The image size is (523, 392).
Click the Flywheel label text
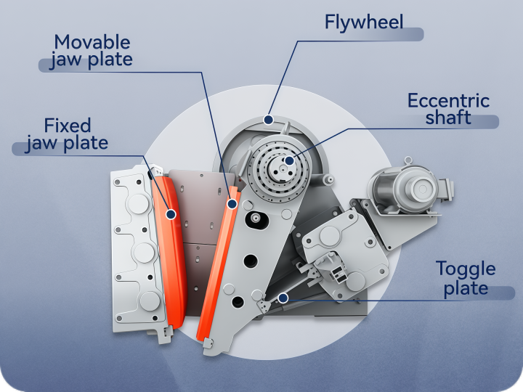point(364,23)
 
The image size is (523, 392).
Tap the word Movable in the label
point(92,42)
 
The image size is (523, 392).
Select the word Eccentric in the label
point(449,100)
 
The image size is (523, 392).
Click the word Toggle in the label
point(466,269)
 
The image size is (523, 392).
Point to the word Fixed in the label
point(68,126)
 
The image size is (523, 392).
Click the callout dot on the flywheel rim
point(268,120)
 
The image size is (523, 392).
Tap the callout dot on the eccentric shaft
point(289,160)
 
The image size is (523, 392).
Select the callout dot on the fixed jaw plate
point(171,214)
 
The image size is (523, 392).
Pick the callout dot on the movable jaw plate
point(232,204)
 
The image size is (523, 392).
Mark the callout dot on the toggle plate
point(283,298)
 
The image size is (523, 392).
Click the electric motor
point(411,190)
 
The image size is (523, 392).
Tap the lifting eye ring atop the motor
point(408,161)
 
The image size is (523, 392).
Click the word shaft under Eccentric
point(448,118)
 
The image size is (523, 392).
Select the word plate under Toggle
point(466,288)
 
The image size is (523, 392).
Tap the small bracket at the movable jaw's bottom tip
point(208,343)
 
